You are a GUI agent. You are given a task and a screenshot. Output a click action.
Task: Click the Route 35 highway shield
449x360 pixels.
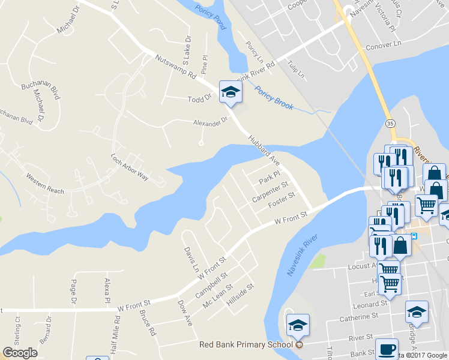(x=390, y=123)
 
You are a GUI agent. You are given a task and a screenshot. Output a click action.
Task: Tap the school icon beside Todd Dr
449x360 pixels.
(x=229, y=92)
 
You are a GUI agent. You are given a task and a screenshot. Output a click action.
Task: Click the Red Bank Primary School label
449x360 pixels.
(x=247, y=344)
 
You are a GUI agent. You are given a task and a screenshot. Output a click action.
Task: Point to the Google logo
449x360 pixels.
(x=20, y=352)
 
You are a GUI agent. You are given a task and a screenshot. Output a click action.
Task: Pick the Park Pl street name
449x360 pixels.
(x=269, y=178)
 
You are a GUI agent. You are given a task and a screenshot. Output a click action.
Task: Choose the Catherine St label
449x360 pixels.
(x=358, y=316)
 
